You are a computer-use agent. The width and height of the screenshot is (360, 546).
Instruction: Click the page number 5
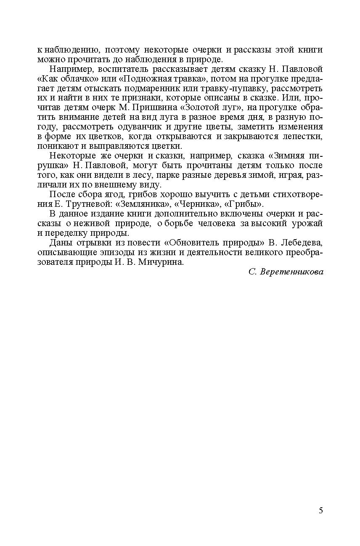[321, 511]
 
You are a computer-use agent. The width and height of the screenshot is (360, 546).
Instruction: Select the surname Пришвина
[155, 107]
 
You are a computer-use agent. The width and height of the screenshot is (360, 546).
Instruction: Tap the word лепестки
[304, 136]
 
